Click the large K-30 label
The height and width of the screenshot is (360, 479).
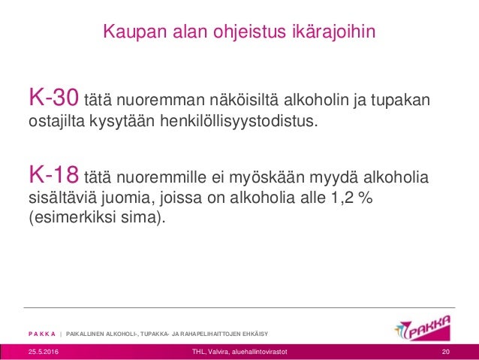pyautogui.click(x=53, y=98)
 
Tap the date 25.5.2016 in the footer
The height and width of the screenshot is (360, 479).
pyautogui.click(x=44, y=352)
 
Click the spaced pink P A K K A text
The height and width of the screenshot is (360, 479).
pyautogui.click(x=43, y=333)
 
